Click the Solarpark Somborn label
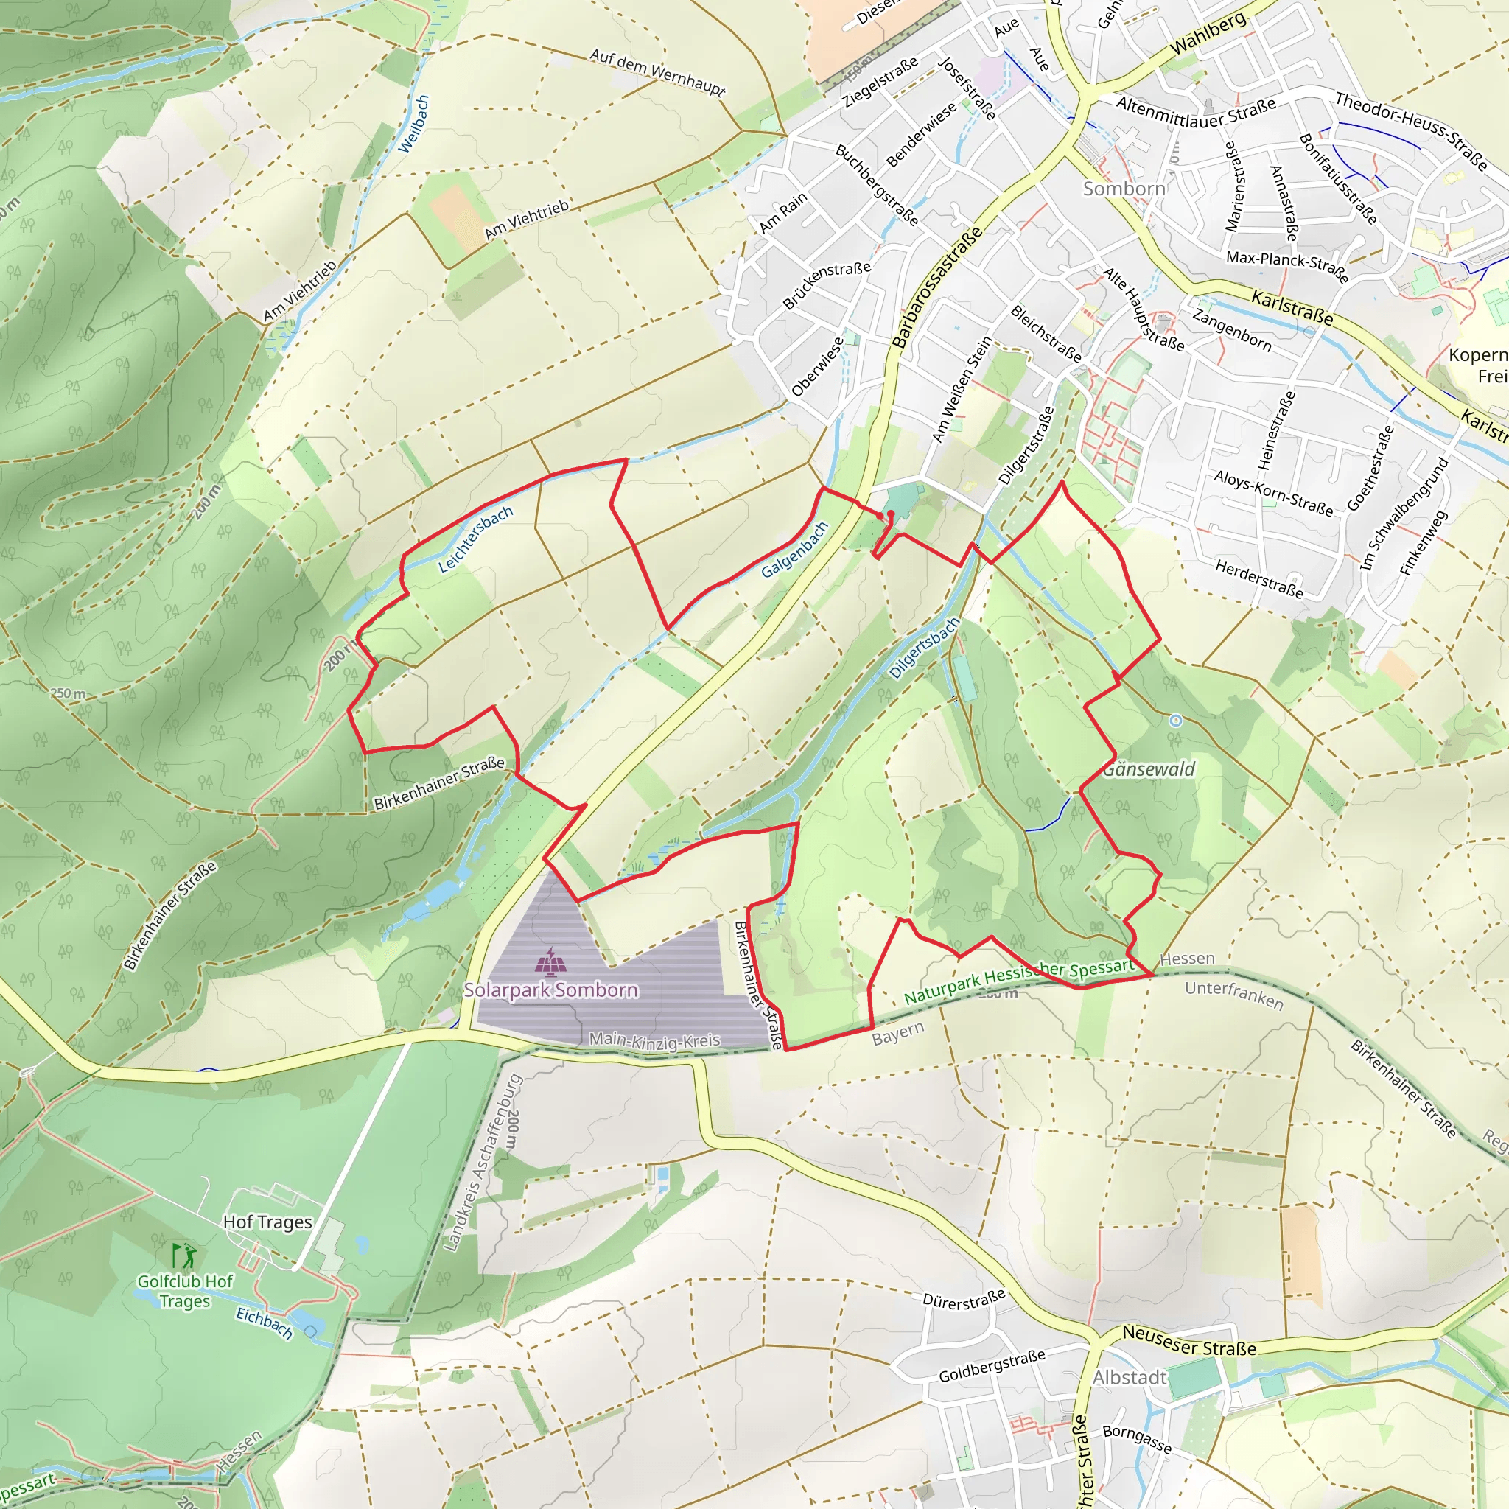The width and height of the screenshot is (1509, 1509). click(550, 990)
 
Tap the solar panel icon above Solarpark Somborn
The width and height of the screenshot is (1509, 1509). click(552, 962)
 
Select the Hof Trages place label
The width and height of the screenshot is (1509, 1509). click(267, 1222)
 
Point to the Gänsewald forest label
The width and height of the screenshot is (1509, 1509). click(1148, 769)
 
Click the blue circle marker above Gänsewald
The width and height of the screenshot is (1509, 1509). click(1175, 721)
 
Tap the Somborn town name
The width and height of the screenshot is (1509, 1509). click(1124, 189)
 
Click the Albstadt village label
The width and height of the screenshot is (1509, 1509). click(1130, 1378)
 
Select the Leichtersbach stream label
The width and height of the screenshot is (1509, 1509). click(475, 539)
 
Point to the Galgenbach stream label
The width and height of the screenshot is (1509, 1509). click(794, 550)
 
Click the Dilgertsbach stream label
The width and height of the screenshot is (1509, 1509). click(924, 648)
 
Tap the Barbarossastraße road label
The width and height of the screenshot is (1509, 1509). click(937, 287)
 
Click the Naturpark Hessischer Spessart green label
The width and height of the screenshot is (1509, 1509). click(1018, 981)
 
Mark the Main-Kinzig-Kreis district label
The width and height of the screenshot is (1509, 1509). click(654, 1040)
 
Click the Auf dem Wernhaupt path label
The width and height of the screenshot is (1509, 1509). click(658, 72)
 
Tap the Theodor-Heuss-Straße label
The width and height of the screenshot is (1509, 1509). click(1410, 130)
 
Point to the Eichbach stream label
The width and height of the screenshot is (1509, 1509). click(265, 1323)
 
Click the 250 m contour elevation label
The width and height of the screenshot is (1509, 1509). click(69, 693)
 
